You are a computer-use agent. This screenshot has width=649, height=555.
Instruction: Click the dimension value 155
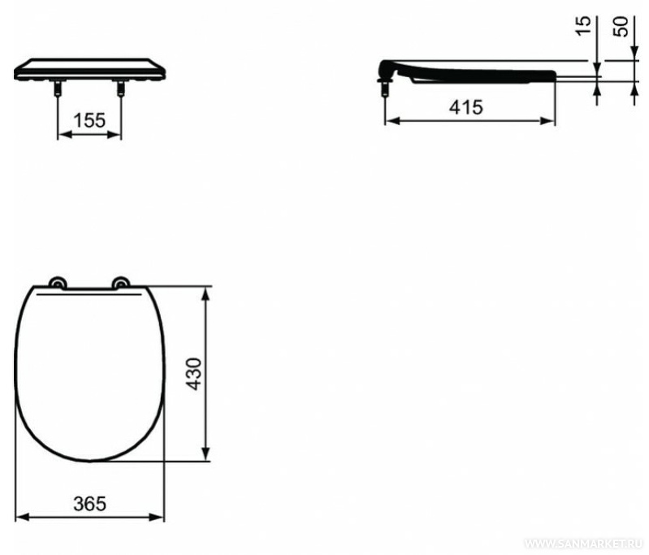89,120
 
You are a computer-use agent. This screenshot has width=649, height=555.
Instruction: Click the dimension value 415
466,108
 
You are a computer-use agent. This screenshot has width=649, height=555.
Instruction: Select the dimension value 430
193,374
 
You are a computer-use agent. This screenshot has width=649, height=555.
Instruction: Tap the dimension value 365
90,504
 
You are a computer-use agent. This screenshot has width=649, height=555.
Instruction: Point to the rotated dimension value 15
583,26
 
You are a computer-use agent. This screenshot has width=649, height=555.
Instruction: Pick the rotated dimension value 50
621,27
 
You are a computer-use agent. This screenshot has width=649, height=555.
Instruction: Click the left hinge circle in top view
58,284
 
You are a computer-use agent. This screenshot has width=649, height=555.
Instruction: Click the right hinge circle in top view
121,283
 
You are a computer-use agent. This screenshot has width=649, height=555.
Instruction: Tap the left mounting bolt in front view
58,88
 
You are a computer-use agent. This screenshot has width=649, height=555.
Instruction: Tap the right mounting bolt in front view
121,88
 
